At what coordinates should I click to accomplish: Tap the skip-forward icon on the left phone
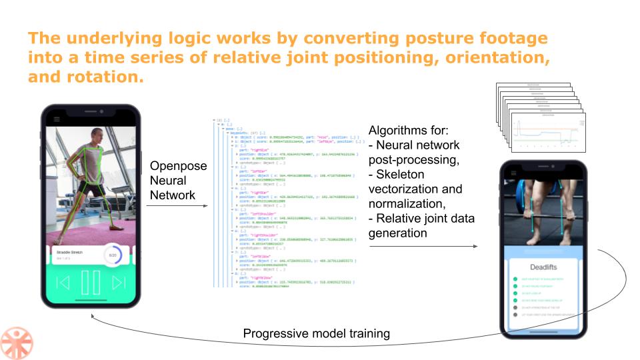tap(119, 283)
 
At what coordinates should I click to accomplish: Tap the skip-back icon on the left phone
tap(63, 283)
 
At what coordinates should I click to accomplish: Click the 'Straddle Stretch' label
tap(69, 253)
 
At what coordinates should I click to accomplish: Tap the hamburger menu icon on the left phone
tap(57, 119)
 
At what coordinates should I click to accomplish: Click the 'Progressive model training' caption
tap(316, 333)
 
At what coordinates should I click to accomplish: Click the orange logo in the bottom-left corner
tap(17, 342)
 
